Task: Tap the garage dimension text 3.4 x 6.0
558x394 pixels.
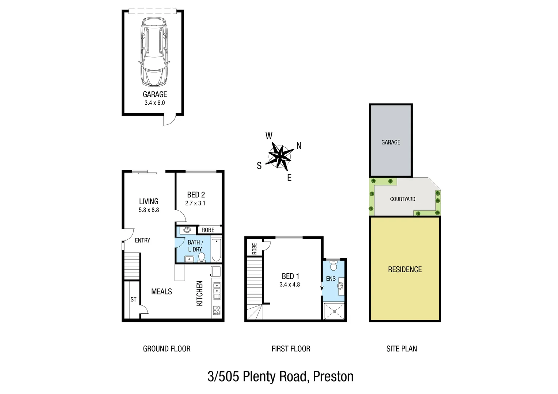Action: (154, 103)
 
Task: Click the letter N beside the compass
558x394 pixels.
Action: (299, 146)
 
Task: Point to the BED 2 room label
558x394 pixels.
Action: (196, 195)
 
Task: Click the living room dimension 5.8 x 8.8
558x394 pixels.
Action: (149, 210)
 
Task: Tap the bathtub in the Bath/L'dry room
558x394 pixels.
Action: (216, 250)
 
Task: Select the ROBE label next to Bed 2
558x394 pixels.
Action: (208, 230)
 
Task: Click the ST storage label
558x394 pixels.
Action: (133, 300)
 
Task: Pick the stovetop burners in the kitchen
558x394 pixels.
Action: (217, 310)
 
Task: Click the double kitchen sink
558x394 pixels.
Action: (217, 288)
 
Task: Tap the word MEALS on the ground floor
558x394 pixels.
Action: (161, 291)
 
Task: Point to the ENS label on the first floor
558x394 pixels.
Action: (330, 279)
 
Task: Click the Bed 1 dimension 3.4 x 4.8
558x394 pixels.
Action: (290, 285)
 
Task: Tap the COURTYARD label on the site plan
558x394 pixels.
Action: (402, 199)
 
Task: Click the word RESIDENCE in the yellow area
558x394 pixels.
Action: (405, 270)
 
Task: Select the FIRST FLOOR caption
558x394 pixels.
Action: (291, 349)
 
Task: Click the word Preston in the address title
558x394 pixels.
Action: (333, 376)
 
